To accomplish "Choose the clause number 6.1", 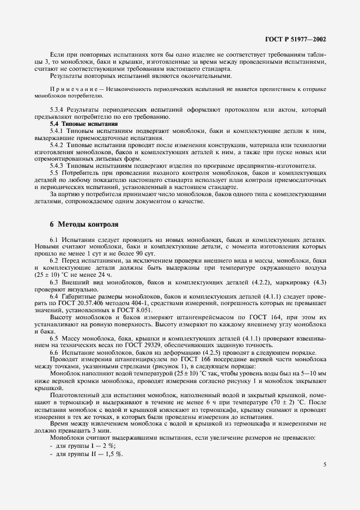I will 54,240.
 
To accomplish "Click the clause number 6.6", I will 54,353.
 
